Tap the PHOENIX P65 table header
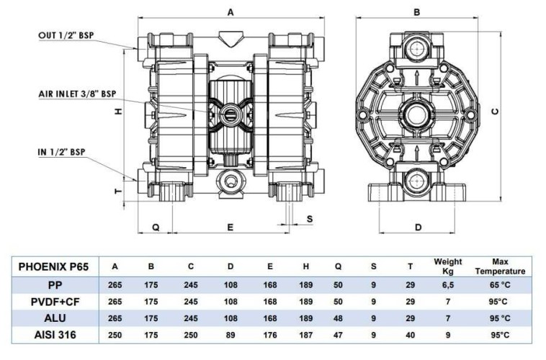click(53, 266)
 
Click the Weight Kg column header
click(447, 266)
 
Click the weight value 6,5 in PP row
click(447, 284)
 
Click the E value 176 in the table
click(269, 334)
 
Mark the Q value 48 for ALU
click(338, 318)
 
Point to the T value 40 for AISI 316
click(410, 334)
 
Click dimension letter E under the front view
click(230, 227)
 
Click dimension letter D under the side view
click(418, 228)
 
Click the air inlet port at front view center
click(230, 112)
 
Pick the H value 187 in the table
click(305, 334)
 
